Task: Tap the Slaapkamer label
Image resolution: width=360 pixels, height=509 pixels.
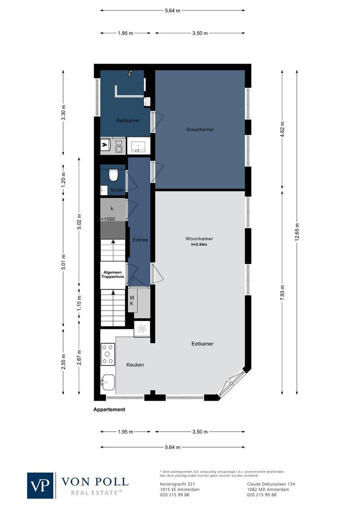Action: point(200,129)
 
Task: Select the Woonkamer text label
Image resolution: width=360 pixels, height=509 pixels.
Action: point(199,238)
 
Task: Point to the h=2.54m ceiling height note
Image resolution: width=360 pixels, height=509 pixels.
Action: point(199,245)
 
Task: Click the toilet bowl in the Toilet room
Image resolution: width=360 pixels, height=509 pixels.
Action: point(113,176)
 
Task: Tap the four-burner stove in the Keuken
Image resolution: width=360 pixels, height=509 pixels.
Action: point(108,354)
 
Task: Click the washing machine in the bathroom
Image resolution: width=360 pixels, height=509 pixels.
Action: point(119,146)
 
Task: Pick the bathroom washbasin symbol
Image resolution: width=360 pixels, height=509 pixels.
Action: point(138,146)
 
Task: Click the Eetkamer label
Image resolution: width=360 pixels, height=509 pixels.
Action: point(202,344)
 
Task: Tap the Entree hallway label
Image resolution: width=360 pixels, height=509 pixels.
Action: point(140,240)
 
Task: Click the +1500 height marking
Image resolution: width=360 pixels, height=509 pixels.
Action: point(108,219)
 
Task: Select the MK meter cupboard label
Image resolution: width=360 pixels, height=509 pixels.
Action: point(132,301)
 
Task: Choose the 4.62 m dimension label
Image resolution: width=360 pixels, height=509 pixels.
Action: point(282,129)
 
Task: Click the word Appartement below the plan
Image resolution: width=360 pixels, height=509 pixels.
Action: point(109,410)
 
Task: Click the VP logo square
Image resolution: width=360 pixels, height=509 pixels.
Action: point(40,485)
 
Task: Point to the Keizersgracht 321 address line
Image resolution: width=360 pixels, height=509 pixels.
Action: point(178,484)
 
